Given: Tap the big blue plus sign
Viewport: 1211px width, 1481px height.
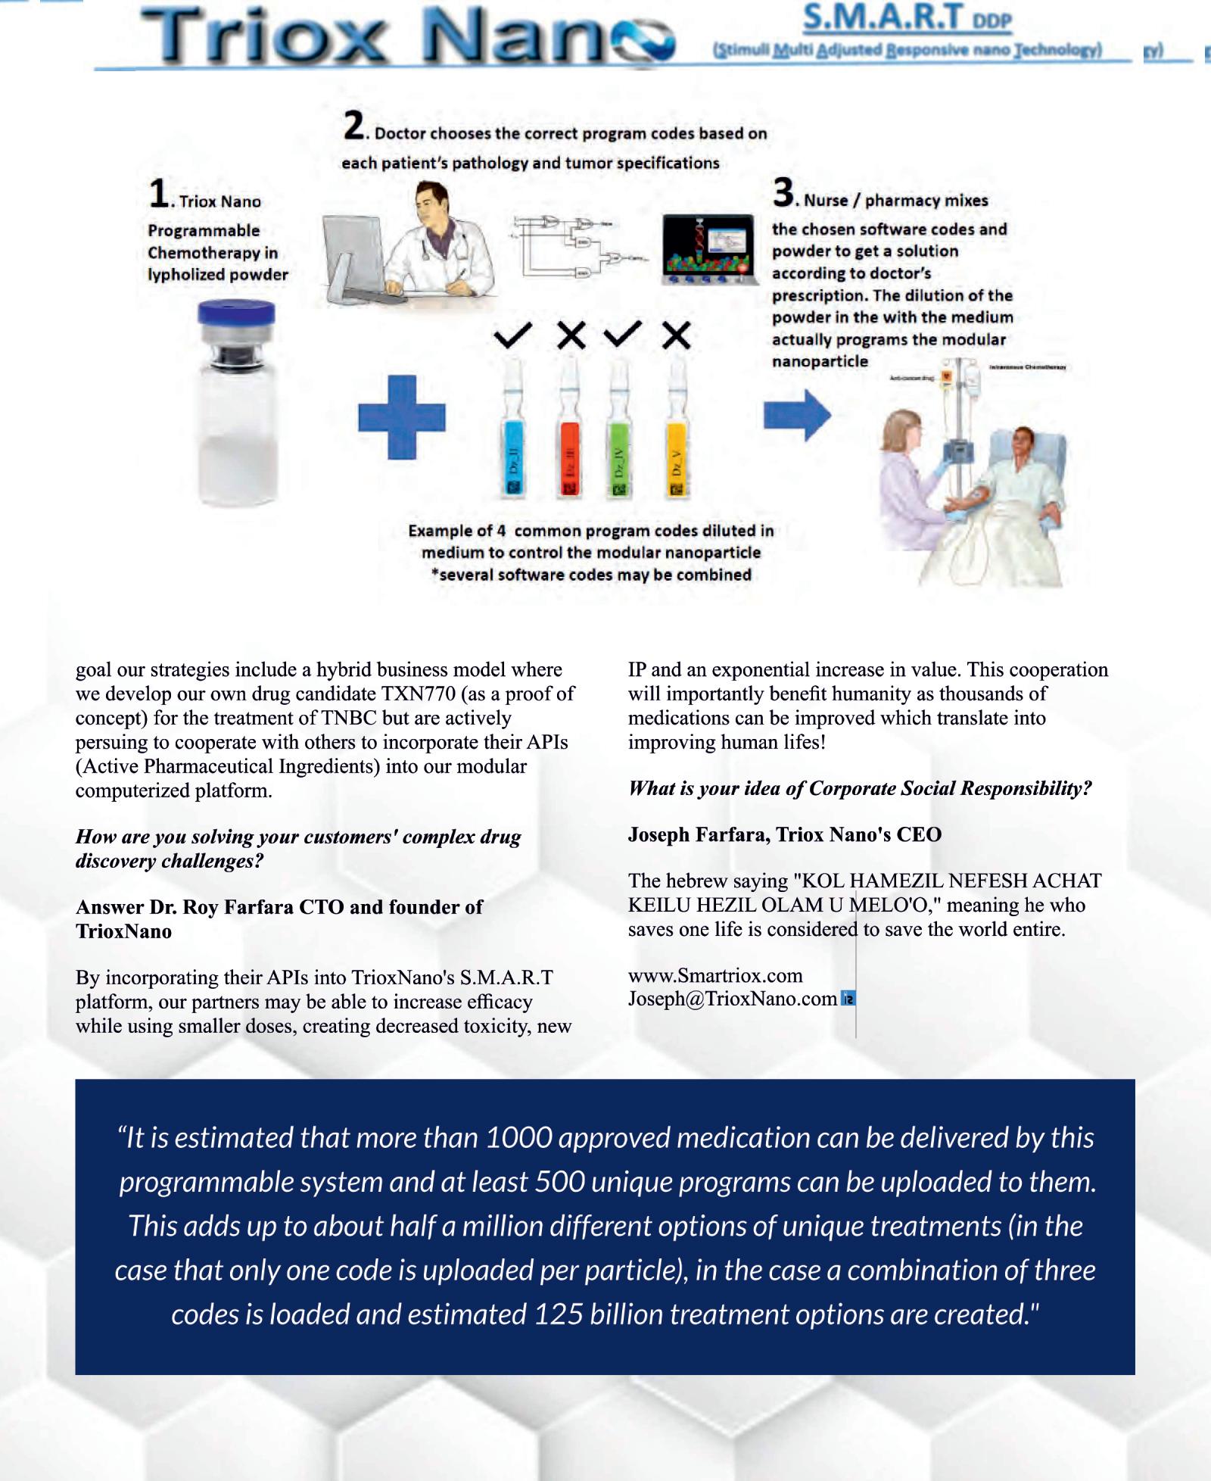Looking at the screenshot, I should coord(402,417).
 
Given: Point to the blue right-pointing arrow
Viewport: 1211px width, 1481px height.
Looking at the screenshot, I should coord(797,415).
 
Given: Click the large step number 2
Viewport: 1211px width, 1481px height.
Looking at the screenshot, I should coord(352,127).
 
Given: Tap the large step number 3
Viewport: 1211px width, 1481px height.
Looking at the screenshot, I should coord(783,193).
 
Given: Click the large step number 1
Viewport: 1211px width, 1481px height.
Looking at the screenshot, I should coord(158,194).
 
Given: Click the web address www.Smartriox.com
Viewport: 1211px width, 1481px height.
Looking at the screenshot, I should coord(715,975).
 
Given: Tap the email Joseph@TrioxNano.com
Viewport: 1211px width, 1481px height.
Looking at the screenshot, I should coord(732,999).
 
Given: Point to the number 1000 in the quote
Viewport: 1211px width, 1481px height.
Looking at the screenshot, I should coord(518,1137).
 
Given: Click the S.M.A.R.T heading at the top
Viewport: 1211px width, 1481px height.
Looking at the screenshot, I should coord(883,17).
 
